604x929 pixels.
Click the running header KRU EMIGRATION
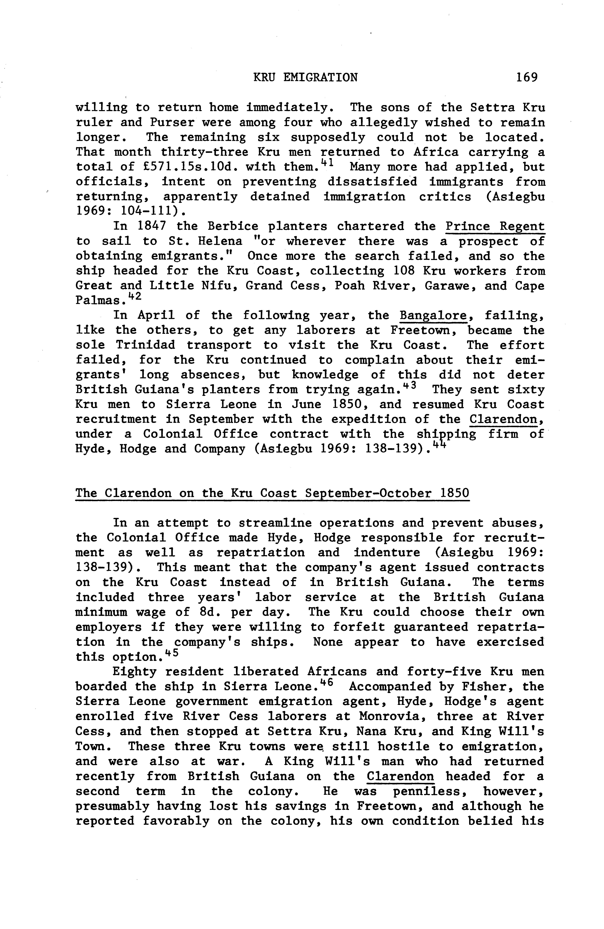click(305, 77)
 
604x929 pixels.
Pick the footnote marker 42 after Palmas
click(128, 297)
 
